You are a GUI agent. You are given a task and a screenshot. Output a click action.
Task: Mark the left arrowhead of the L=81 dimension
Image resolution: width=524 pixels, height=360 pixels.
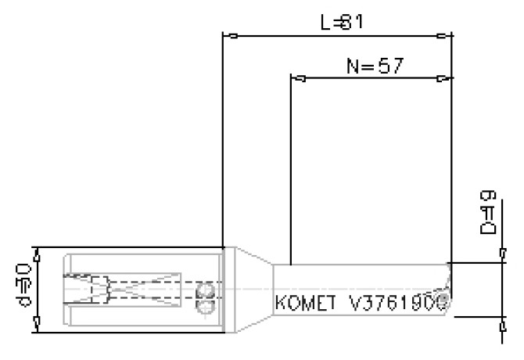pos(229,35)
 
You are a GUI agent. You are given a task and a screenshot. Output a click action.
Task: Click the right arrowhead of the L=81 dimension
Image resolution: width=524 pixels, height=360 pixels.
pos(443,35)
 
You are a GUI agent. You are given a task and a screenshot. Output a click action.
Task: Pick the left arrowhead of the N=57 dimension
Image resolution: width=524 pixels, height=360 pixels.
pos(296,78)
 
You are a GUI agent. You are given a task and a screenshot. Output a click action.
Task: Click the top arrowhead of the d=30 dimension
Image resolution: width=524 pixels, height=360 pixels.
pos(34,252)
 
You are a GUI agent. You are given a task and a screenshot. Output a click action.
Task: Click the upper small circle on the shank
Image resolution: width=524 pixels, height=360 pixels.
pos(206,292)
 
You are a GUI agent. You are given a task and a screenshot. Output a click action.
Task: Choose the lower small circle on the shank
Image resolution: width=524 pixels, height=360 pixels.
pos(206,309)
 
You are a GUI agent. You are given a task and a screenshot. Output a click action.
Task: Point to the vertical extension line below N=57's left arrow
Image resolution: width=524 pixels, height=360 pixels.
pos(291,172)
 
